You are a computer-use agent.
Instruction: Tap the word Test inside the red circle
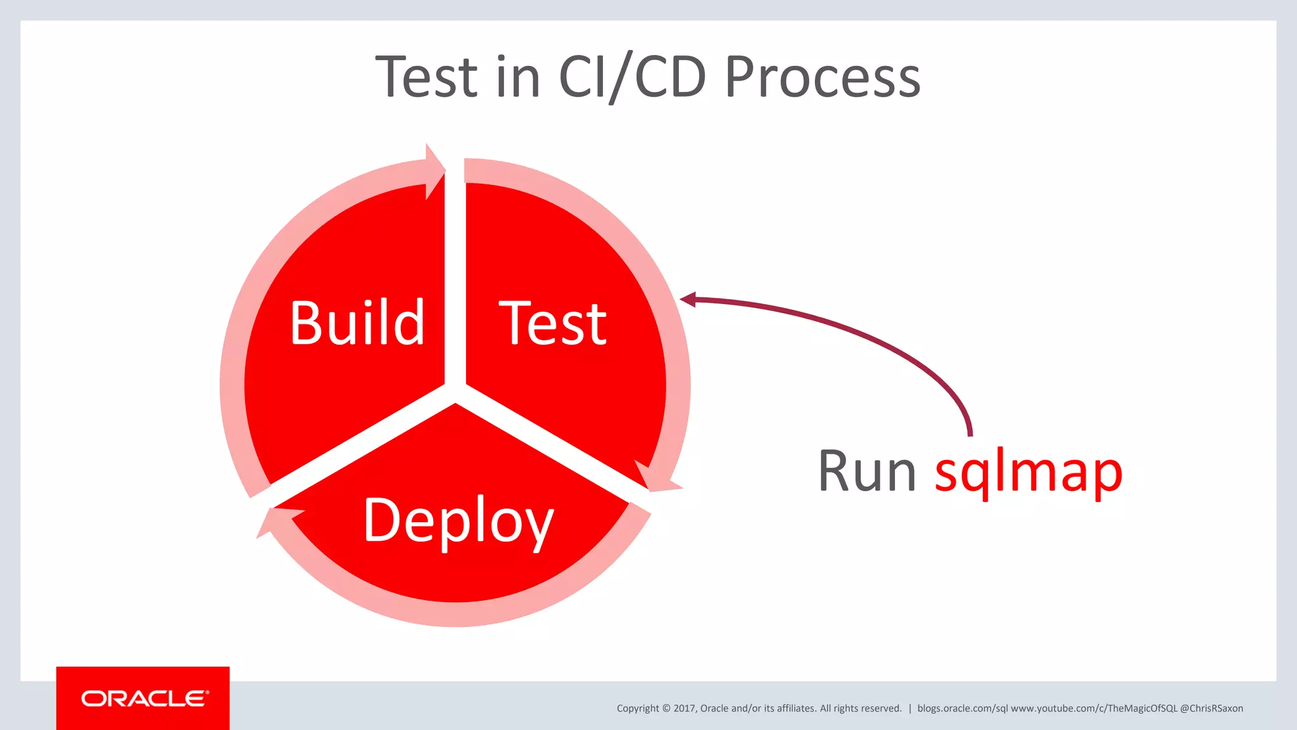point(552,324)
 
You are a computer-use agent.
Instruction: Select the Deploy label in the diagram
point(459,521)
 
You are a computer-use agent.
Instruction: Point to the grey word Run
point(866,471)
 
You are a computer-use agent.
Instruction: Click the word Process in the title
point(822,77)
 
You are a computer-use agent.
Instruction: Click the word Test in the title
point(426,77)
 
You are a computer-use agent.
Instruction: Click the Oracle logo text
point(144,698)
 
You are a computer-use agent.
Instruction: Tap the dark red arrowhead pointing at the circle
point(688,299)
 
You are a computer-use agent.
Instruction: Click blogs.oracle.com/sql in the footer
point(962,708)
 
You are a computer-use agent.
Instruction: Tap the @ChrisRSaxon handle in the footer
point(1211,708)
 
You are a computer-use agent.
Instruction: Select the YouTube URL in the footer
point(1094,708)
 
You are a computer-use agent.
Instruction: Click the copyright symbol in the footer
point(666,708)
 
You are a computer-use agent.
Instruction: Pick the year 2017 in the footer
point(684,708)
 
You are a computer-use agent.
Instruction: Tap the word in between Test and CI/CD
point(518,77)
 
